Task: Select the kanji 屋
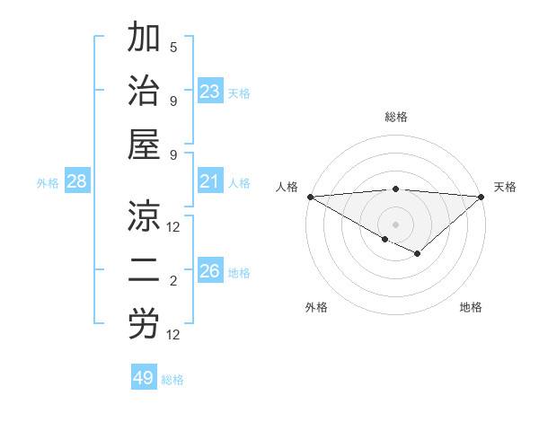click(x=144, y=145)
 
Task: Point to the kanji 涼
click(x=144, y=216)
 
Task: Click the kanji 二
click(x=144, y=271)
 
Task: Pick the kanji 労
click(x=144, y=325)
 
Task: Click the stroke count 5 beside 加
click(x=173, y=47)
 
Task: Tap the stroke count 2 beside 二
click(x=173, y=282)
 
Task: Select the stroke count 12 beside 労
click(x=173, y=335)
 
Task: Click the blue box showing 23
click(x=210, y=91)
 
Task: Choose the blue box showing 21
click(x=210, y=182)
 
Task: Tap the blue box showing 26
click(x=210, y=271)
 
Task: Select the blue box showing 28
click(x=77, y=182)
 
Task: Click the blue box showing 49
click(x=144, y=378)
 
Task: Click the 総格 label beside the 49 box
click(x=173, y=380)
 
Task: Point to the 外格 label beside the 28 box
click(x=48, y=183)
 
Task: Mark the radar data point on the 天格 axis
click(x=482, y=197)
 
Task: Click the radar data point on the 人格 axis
click(x=310, y=197)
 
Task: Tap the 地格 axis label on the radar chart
click(x=471, y=307)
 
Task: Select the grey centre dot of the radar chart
click(x=395, y=224)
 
